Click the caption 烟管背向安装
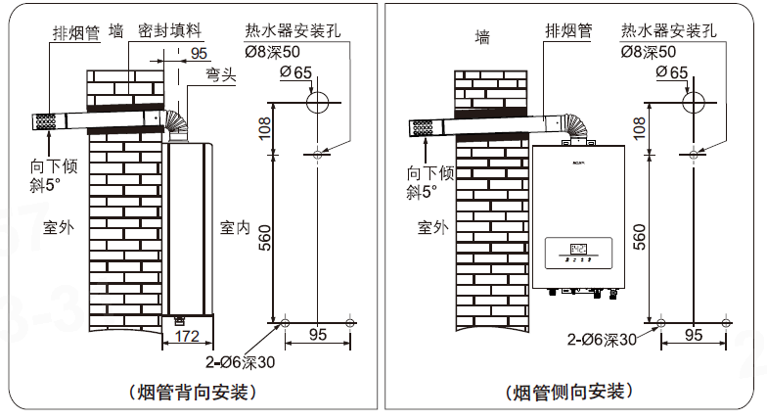tap(192, 393)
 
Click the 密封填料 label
tap(170, 32)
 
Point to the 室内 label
tap(236, 228)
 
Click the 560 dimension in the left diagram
tap(265, 238)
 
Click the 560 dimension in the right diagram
tap(641, 238)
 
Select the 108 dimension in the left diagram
tap(265, 127)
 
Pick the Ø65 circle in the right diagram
tap(693, 101)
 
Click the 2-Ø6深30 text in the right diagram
tap(603, 340)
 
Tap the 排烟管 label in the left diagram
tap(77, 33)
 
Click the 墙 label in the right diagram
tap(481, 38)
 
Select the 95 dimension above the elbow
tap(199, 54)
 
